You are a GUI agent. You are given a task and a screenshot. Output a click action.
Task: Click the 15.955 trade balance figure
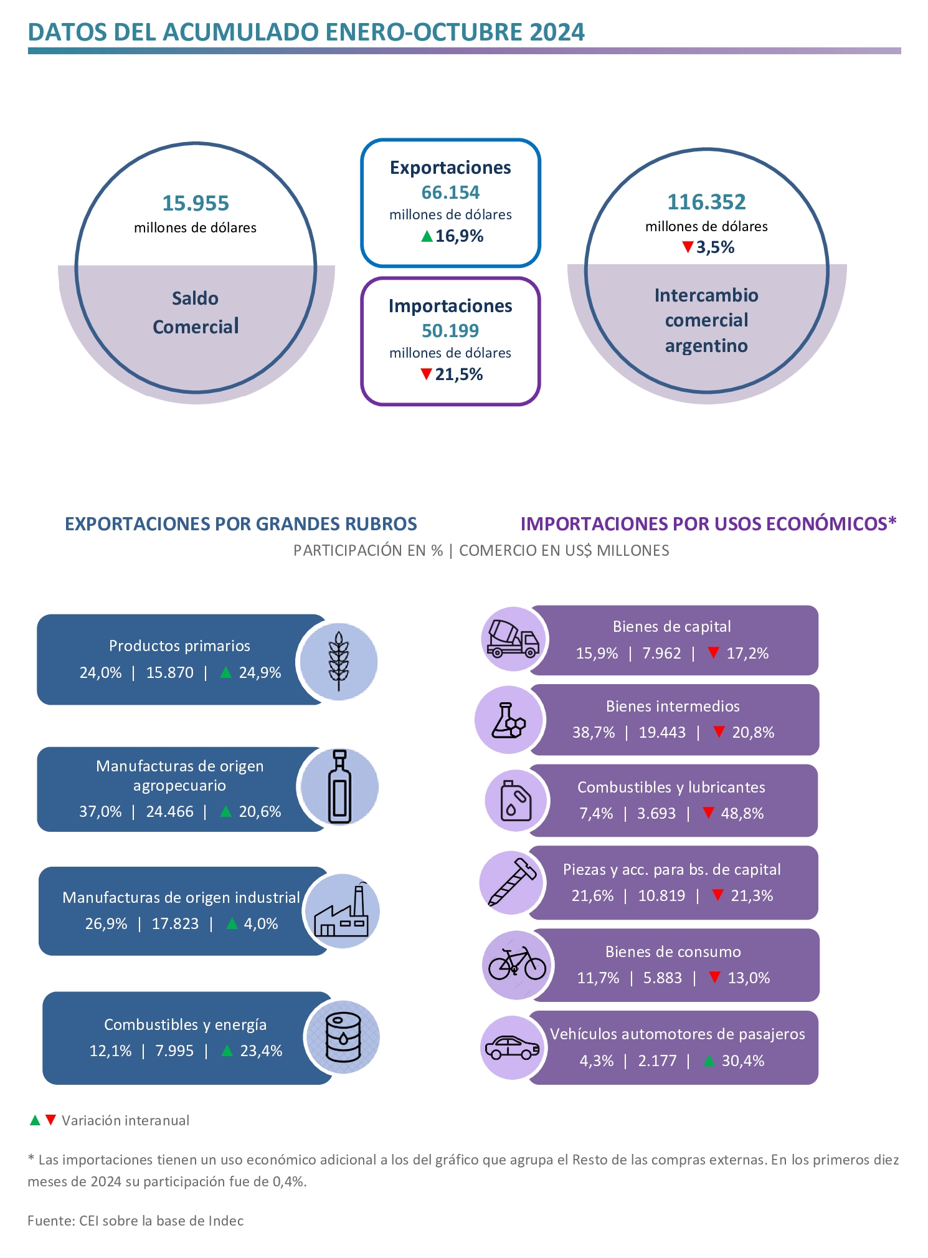tap(196, 203)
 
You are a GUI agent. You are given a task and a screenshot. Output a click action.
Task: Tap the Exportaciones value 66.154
tap(450, 193)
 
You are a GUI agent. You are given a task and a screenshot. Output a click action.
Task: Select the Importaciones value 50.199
tap(450, 331)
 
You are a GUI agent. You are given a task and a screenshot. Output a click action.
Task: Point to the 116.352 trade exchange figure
tap(706, 202)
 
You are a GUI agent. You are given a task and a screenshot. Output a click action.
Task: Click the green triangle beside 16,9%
tap(427, 236)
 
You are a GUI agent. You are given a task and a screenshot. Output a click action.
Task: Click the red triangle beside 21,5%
tap(426, 374)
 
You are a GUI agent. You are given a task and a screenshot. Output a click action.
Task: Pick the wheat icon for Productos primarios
tap(339, 661)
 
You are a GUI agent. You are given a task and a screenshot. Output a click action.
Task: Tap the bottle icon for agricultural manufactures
tap(339, 786)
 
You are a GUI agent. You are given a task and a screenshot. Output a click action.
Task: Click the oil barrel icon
tap(343, 1037)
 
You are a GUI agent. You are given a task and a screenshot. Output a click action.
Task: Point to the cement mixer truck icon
tap(513, 639)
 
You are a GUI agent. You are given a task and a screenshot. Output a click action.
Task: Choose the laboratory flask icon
tap(508, 720)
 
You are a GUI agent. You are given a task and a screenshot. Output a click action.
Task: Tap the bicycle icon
tap(517, 964)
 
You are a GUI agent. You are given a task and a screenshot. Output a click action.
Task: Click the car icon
tap(513, 1047)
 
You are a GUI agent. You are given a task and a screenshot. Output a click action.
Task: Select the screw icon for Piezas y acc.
tap(512, 882)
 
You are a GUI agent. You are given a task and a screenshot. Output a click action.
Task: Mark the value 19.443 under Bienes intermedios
tap(662, 732)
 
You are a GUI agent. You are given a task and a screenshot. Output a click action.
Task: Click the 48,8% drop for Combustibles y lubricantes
tap(742, 813)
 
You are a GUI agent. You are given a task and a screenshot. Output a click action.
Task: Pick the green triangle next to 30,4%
tap(709, 1060)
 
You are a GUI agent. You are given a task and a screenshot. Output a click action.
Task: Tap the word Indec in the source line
tap(226, 1221)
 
